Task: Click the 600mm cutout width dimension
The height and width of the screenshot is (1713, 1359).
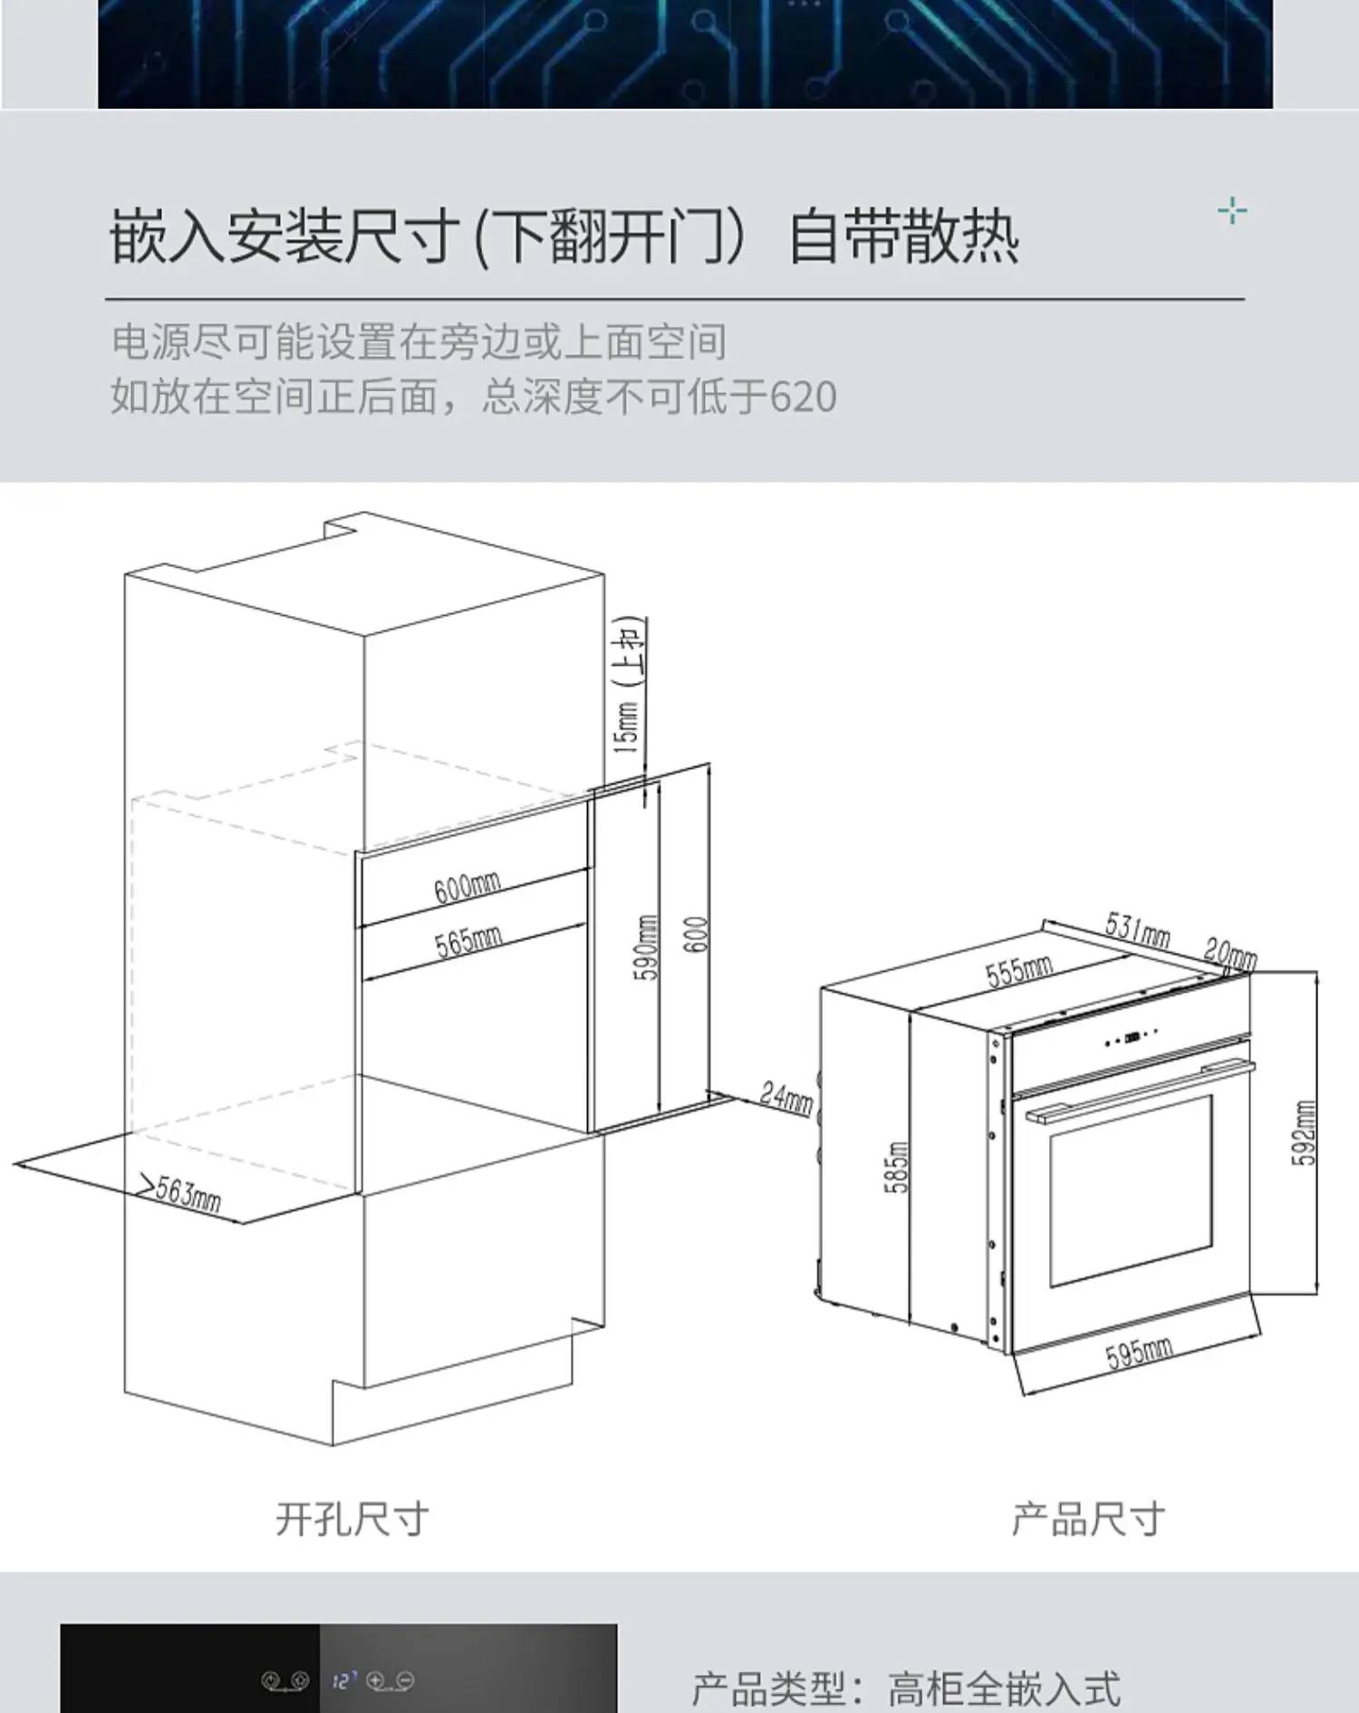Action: coord(467,887)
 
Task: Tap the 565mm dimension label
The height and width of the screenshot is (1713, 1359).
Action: coord(467,941)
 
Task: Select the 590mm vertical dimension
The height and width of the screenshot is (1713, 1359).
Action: coord(645,948)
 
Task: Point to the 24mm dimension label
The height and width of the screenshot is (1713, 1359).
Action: coord(786,1098)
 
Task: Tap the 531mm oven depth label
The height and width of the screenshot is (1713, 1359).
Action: coord(1137,929)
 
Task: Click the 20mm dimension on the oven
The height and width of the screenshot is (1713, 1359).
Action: coord(1229,953)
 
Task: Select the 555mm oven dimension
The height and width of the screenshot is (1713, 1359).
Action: coord(1018,971)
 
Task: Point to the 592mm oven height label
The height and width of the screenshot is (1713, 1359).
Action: coord(1303,1132)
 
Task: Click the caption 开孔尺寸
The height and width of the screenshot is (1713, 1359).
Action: coord(352,1519)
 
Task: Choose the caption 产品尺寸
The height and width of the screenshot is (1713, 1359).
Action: coord(1087,1519)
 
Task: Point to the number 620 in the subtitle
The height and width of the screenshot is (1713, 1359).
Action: coord(803,397)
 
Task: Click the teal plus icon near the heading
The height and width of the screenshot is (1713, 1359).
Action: coord(1232,212)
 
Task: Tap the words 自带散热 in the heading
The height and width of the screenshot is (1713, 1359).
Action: coord(903,237)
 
